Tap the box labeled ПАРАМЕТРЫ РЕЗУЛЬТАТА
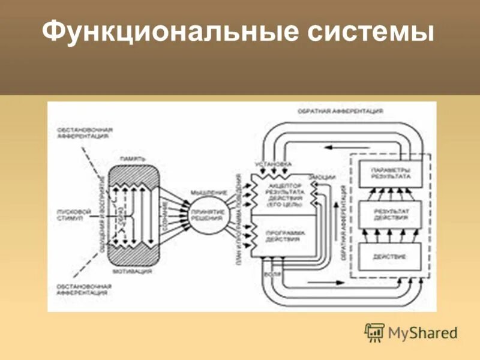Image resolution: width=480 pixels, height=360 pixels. click(391, 173)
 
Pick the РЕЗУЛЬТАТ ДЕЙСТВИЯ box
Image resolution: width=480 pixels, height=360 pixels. click(391, 215)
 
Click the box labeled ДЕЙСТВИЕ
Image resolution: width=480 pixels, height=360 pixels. click(391, 257)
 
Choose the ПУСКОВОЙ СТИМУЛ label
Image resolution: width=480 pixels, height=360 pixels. click(73, 215)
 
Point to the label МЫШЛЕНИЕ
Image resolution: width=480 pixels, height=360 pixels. click(209, 192)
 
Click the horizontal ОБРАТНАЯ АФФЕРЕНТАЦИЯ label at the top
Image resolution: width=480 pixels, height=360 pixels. click(340, 112)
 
